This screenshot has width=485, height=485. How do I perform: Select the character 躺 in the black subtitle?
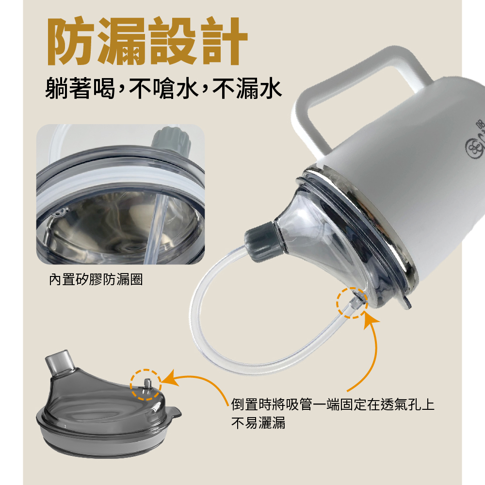coord(57,88)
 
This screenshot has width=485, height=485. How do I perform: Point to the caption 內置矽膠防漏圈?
coord(96,280)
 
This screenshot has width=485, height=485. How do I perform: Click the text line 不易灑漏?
coord(259,423)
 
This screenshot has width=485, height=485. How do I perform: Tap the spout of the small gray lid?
coord(60,362)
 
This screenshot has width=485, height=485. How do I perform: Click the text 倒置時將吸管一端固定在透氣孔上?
coord(333,404)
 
